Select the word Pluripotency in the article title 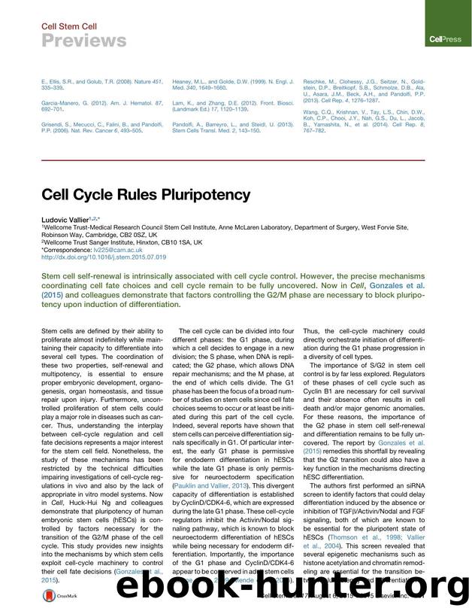click(x=202, y=195)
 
